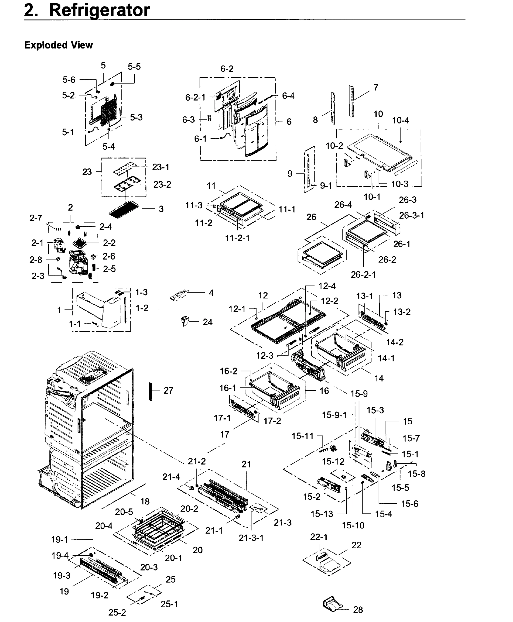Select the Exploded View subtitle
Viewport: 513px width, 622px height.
pos(58,45)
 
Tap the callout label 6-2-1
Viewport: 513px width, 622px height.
pos(195,97)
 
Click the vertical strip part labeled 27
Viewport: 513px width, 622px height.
pos(151,391)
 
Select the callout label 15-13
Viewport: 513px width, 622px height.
pos(322,514)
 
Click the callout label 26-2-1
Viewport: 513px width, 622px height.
pos(363,275)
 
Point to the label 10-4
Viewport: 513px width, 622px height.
pos(400,121)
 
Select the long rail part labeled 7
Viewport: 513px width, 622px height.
pos(352,102)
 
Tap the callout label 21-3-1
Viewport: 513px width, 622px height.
pos(251,538)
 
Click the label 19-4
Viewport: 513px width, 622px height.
pos(60,556)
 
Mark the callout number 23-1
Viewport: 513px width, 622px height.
pos(161,167)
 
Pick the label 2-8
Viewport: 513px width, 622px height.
pos(36,260)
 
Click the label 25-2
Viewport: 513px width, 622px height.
pos(117,613)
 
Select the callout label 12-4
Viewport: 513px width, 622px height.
pos(327,286)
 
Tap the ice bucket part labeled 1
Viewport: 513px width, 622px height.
pos(99,311)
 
